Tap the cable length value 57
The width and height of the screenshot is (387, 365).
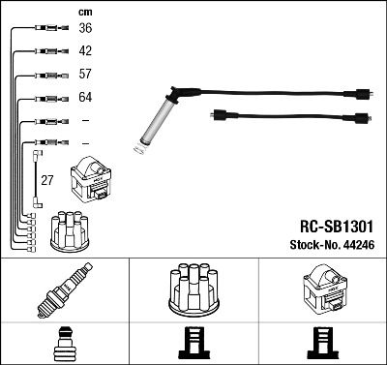click(x=85, y=75)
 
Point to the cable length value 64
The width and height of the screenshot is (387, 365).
click(x=85, y=97)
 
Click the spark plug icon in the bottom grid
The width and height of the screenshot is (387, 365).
click(x=64, y=291)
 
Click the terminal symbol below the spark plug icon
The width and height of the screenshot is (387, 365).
click(x=64, y=345)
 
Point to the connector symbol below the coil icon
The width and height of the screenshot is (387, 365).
click(x=322, y=345)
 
